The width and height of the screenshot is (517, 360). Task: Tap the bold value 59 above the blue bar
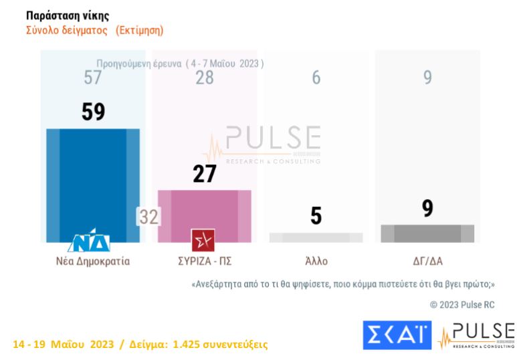click(x=93, y=112)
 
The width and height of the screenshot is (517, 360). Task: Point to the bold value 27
click(x=204, y=174)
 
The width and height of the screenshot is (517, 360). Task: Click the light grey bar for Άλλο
click(x=316, y=238)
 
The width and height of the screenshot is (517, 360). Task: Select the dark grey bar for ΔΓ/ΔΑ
click(x=427, y=234)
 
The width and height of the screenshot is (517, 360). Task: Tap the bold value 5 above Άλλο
click(x=316, y=215)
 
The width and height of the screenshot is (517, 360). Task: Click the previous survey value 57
click(x=93, y=78)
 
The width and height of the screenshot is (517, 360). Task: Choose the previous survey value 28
click(x=204, y=78)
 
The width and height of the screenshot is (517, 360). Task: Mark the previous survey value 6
click(x=316, y=78)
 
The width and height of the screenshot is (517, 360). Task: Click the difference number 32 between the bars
click(x=147, y=217)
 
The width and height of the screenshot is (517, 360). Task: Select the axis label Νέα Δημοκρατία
click(x=93, y=261)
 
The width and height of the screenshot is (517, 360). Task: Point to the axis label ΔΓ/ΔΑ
click(x=427, y=261)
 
